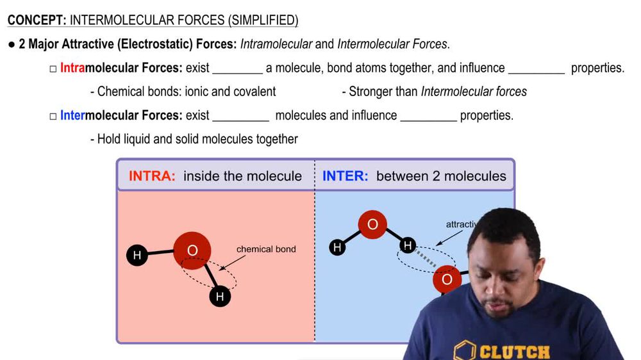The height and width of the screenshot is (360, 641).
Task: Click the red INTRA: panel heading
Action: click(x=152, y=176)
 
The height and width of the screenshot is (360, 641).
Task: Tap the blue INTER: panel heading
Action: click(x=345, y=176)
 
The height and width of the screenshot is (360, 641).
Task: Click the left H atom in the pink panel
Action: click(x=137, y=256)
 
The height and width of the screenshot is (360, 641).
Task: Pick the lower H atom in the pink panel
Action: click(x=220, y=297)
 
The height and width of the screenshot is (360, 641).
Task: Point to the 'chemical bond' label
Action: click(x=266, y=249)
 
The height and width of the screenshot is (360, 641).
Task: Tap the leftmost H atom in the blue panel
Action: click(x=337, y=247)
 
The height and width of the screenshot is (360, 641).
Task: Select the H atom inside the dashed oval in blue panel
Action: click(x=407, y=245)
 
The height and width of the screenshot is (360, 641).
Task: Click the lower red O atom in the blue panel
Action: click(x=447, y=279)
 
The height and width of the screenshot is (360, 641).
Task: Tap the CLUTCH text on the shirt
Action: click(x=515, y=352)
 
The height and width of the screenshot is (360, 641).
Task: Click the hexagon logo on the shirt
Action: click(x=465, y=351)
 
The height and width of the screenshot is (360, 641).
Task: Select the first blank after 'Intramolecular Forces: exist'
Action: click(x=237, y=69)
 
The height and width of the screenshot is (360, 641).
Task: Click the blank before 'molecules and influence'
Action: click(x=240, y=116)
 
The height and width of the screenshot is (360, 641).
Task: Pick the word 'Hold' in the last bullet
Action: click(x=108, y=139)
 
